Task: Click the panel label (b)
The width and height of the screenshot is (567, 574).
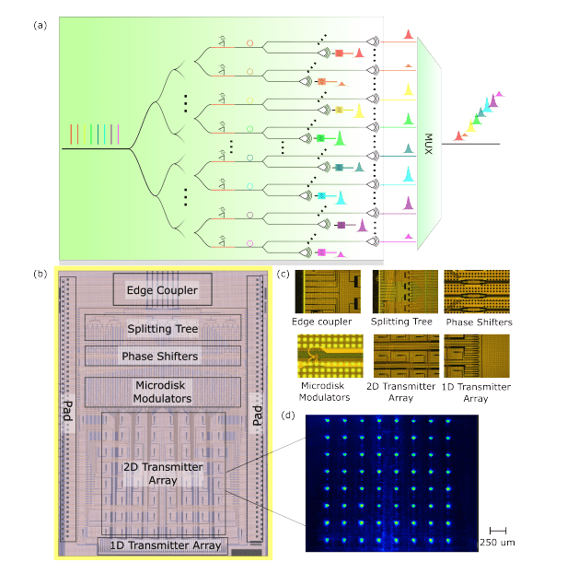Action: coord(41,274)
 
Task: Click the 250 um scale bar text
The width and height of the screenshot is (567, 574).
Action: coord(496,543)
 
